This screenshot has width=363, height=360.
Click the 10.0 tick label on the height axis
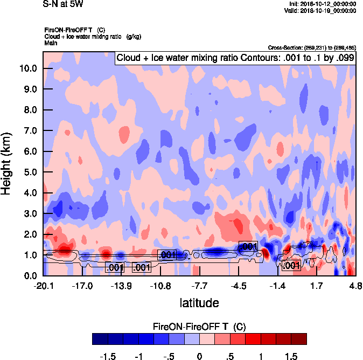pyautogui.click(x=27, y=68)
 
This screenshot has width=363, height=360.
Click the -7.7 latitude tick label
pyautogui.click(x=199, y=286)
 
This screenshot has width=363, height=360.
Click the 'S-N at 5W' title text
pyautogui.click(x=62, y=5)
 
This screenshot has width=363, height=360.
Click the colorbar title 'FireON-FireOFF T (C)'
pyautogui.click(x=199, y=327)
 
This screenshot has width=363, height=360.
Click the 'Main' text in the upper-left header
pyautogui.click(x=50, y=42)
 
